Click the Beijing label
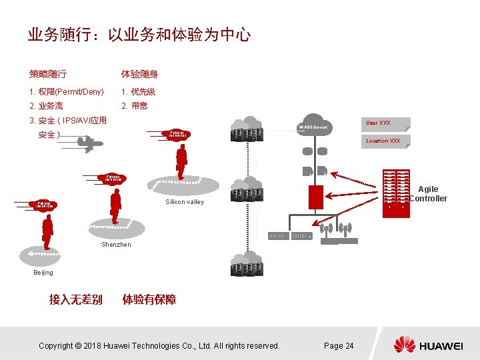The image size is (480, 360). [43, 273]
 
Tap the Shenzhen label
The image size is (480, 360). [116, 245]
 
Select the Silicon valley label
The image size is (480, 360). [185, 201]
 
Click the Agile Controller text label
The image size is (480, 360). [429, 194]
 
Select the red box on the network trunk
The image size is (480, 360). [315, 196]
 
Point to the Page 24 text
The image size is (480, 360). [339, 345]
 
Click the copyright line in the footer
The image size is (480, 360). [159, 345]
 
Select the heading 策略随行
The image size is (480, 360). [47, 74]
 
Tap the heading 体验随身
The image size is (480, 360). [139, 74]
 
